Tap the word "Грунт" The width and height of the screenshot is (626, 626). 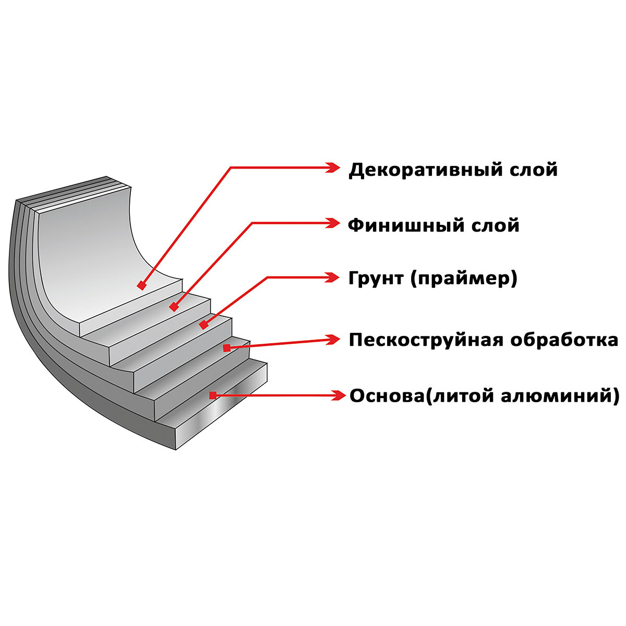tap(377, 279)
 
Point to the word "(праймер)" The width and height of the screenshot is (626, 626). tap(464, 279)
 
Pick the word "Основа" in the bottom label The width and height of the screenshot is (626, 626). tap(384, 395)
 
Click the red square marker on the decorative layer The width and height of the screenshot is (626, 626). tap(141, 285)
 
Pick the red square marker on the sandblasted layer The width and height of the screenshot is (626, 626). tap(227, 347)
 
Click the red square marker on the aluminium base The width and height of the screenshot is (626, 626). tap(212, 395)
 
